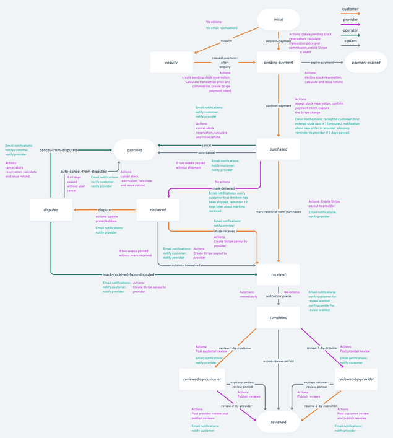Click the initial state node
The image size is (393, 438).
(x=278, y=20)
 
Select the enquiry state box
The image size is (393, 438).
(x=171, y=62)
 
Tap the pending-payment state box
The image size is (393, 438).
(x=278, y=62)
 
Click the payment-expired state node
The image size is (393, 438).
(x=365, y=62)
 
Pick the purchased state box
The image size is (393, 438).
(x=278, y=149)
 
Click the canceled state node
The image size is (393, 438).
(x=134, y=149)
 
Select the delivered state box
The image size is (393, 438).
(x=158, y=210)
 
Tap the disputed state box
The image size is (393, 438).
(x=51, y=210)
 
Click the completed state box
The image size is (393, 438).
(x=278, y=317)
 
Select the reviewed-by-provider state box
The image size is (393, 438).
(x=356, y=379)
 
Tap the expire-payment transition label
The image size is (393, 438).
(x=322, y=62)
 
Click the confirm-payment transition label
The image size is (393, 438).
(x=278, y=106)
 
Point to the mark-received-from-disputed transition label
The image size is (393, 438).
(x=128, y=274)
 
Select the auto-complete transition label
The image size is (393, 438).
(x=278, y=296)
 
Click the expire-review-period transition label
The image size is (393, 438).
(x=278, y=361)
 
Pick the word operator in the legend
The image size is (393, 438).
(x=350, y=30)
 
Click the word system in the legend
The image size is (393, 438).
(x=350, y=41)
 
